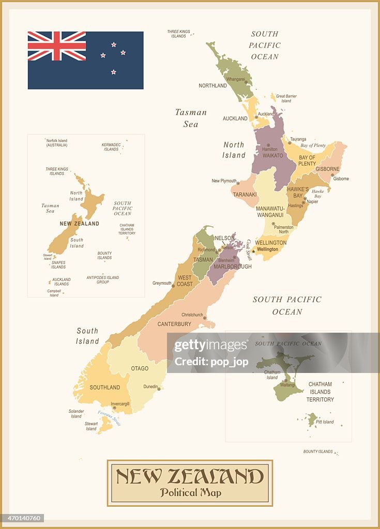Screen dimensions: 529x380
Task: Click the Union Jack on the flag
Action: click(x=57, y=46)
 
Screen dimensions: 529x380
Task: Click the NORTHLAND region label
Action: click(x=212, y=86)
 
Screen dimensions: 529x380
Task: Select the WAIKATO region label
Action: click(x=272, y=155)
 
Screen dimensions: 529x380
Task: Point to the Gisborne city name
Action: click(x=341, y=179)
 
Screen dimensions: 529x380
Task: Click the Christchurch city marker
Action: click(x=204, y=318)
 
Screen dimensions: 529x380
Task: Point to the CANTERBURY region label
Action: click(x=174, y=324)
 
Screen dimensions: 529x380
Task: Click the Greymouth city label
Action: click(x=162, y=283)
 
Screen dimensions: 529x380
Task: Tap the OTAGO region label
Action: click(x=140, y=369)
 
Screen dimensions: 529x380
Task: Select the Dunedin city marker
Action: click(x=159, y=389)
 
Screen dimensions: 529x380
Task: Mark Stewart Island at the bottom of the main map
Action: click(x=107, y=425)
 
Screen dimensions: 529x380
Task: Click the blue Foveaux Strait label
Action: click(x=109, y=417)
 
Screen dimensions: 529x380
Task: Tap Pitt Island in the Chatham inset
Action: click(x=312, y=419)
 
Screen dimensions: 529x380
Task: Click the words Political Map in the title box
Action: click(x=190, y=492)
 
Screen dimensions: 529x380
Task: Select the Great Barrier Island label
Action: click(x=286, y=98)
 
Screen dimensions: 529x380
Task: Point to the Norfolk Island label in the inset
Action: click(x=57, y=143)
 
